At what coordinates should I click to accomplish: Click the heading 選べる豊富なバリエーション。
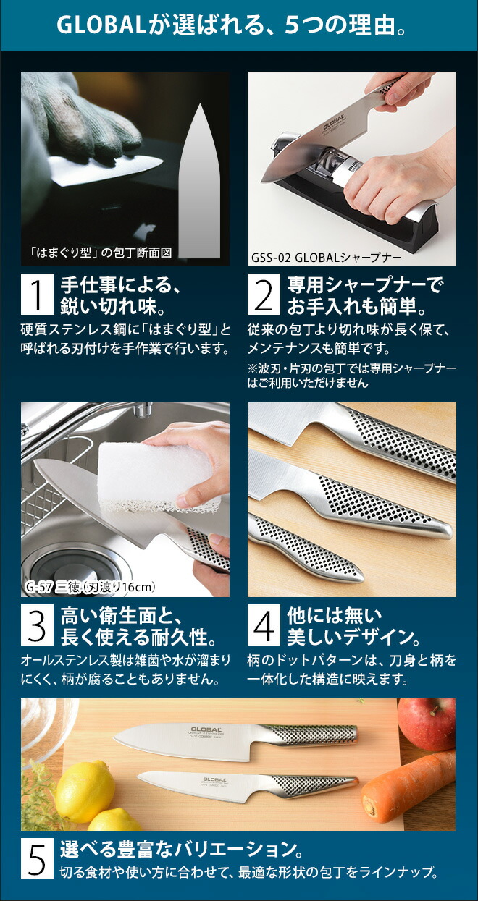pos(181,848)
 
